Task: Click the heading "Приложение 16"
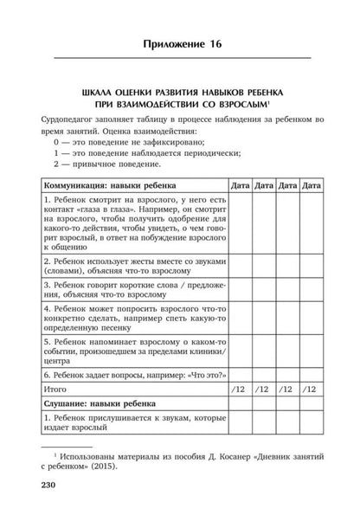pyautogui.click(x=179, y=34)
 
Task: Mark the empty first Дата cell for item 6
pyautogui.click(x=241, y=377)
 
